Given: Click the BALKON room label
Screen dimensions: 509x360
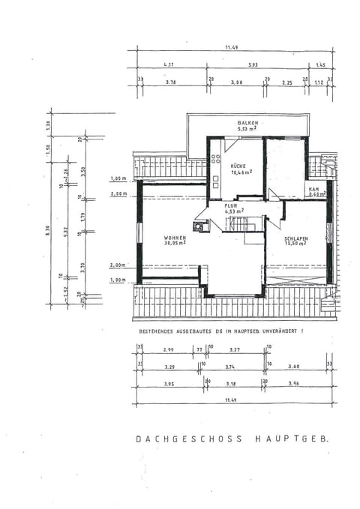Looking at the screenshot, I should tap(247, 122).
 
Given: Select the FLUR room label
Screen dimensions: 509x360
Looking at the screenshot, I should tap(234, 205).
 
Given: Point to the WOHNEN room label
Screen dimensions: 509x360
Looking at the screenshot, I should tap(175, 238).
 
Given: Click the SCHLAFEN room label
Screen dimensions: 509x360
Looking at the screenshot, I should tap(295, 238).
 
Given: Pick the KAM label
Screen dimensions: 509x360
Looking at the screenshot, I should tap(313, 189).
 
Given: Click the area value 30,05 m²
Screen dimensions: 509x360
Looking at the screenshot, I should tap(175, 244).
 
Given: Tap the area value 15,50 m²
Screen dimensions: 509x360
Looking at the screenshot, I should tap(295, 244).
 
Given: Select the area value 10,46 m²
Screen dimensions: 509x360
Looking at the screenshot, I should tap(241, 172).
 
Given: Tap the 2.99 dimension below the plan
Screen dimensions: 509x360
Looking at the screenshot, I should tap(168, 349).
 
